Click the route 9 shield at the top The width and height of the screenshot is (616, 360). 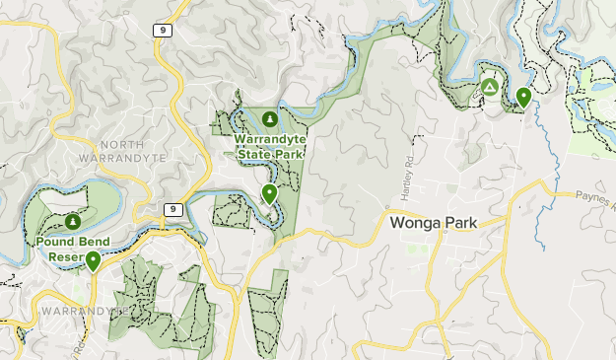click(162, 31)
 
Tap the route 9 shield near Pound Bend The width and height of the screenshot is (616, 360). click(172, 209)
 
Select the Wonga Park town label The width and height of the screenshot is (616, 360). click(434, 223)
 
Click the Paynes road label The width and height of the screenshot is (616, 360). click(595, 200)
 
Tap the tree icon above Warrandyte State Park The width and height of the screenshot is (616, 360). click(270, 119)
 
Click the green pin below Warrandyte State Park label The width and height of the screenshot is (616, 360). click(269, 193)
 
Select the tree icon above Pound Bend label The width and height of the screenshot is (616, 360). click(73, 221)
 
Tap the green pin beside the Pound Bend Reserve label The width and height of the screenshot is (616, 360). click(93, 260)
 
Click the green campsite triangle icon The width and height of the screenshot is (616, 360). click(491, 89)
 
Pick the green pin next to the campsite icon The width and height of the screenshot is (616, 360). click(523, 97)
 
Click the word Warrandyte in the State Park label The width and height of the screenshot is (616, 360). click(270, 140)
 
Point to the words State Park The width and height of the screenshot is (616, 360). click(270, 154)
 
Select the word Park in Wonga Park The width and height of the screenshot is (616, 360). click(458, 223)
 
